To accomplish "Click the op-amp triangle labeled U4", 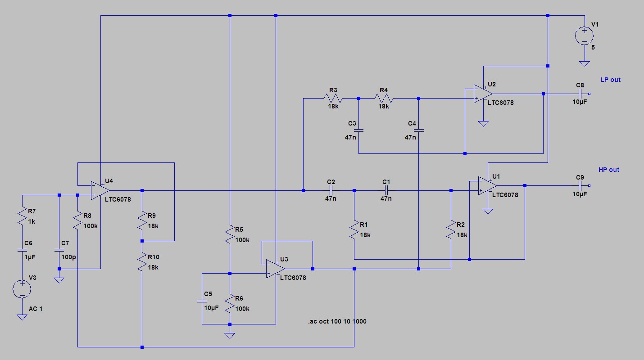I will [x=96, y=190].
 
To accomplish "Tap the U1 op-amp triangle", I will [x=488, y=185].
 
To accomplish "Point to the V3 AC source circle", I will [x=22, y=289].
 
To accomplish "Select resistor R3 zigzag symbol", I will [x=333, y=99].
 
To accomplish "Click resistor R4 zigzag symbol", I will [x=384, y=99].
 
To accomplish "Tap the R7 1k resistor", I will [x=22, y=217].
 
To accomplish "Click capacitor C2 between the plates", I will [x=331, y=190].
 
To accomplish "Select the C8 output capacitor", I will [x=580, y=94].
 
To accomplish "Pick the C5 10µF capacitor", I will [x=202, y=300].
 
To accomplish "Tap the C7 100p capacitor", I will [x=59, y=250].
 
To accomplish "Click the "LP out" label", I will [x=610, y=80].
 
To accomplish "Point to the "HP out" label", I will [x=608, y=170].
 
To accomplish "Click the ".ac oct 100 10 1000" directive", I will [x=337, y=322].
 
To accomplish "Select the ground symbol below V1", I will [x=584, y=63].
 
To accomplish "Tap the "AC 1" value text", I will [x=36, y=309].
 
